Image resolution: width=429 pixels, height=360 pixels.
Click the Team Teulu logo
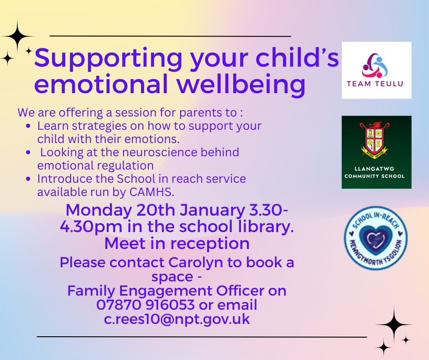377,70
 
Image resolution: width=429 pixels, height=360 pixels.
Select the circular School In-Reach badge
376,238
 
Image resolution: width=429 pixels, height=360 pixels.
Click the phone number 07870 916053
146,305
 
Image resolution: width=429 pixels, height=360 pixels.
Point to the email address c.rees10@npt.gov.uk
177,319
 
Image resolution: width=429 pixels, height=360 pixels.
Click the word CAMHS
152,192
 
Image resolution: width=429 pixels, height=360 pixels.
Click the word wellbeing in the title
241,84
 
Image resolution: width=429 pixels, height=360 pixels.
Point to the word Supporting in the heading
108,58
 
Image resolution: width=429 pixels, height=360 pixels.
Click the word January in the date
212,211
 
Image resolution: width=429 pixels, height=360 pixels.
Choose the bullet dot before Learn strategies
28,126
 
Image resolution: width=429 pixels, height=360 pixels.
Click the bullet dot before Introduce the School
28,179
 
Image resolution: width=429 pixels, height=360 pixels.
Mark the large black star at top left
17,37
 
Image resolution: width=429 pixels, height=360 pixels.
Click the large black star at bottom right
394,324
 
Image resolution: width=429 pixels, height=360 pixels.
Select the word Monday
99,211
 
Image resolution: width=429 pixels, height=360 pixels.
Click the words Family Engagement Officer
166,291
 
